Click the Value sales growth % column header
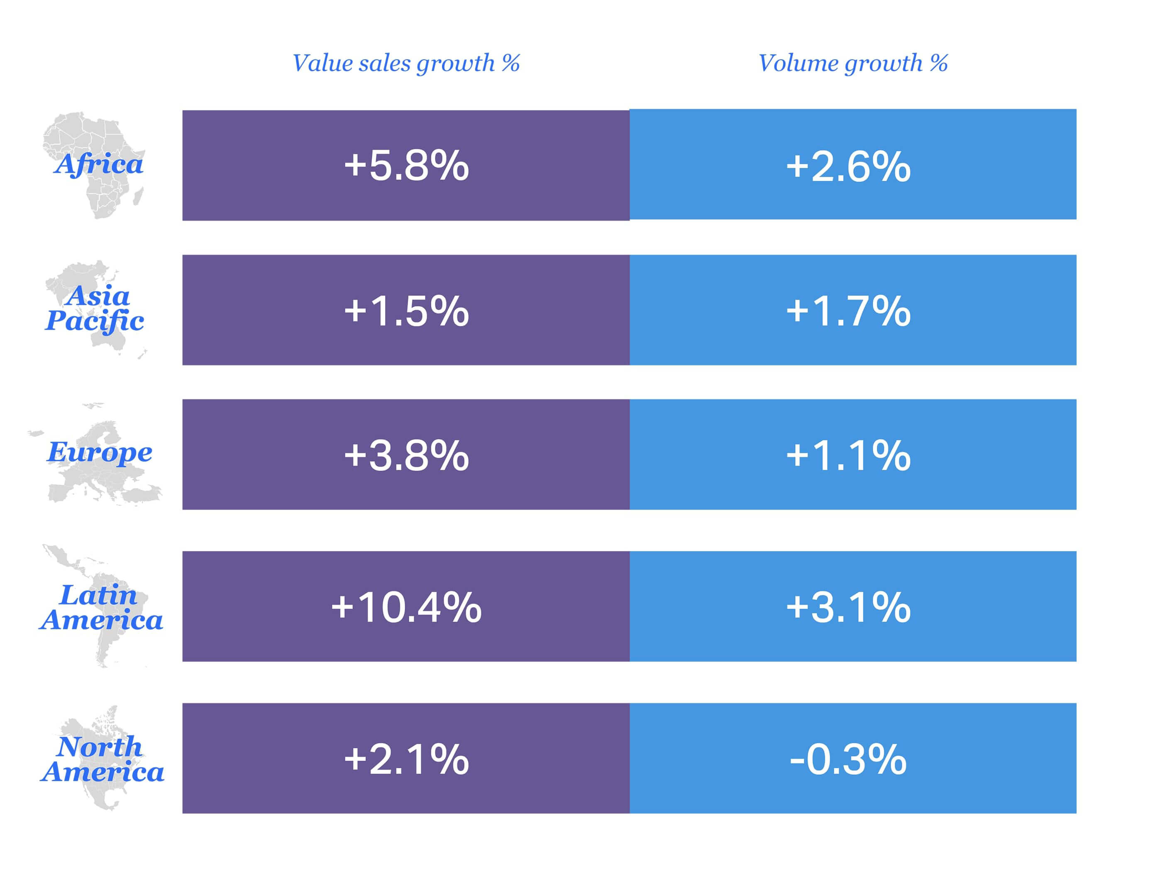coord(405,63)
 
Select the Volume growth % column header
coord(853,63)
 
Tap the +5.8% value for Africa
coord(406,165)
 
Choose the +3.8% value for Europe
coord(406,455)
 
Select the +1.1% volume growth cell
coord(848,455)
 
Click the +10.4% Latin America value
coord(406,607)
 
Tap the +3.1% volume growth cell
coord(848,607)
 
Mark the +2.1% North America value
coord(406,759)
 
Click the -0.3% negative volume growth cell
coord(848,759)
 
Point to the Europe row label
coord(100,452)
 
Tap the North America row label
coord(102,759)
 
